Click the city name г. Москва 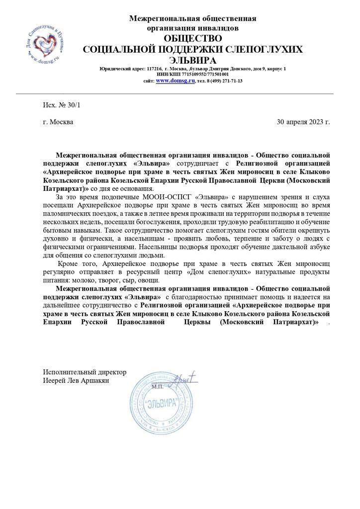click(58, 122)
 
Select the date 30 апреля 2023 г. click(303, 122)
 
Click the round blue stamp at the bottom click(161, 403)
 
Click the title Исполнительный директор click(85, 372)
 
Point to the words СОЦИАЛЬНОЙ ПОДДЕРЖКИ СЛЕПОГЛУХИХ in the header click(192, 49)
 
